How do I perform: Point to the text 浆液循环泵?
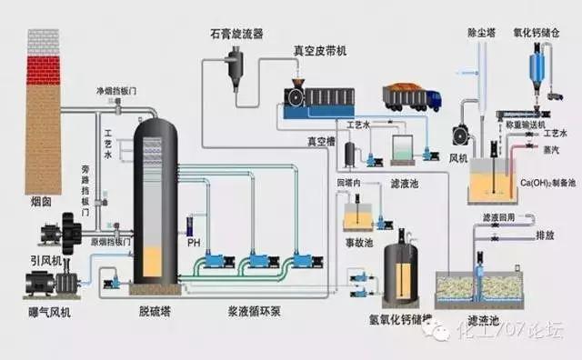pyautogui.click(x=258, y=310)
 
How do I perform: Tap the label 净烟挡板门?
pyautogui.click(x=115, y=92)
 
